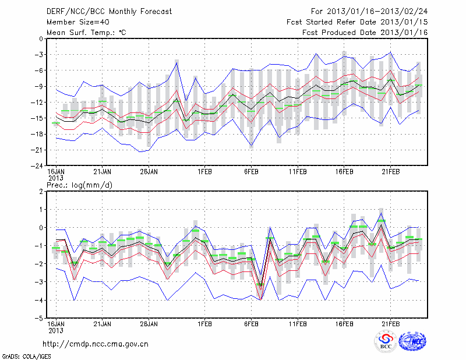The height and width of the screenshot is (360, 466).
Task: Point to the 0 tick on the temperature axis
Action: tap(40, 39)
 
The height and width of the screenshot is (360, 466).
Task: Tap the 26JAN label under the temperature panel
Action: tap(150, 172)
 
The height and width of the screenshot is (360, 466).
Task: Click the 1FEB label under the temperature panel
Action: tap(204, 172)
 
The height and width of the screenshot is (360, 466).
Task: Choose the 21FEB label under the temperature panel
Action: tap(390, 172)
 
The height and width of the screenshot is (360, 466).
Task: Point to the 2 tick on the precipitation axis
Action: tap(40, 192)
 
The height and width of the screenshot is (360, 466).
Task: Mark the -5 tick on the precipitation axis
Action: tap(39, 319)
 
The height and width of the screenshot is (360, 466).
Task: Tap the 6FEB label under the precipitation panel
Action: tap(252, 323)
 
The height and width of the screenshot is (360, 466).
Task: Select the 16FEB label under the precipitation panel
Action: tap(344, 323)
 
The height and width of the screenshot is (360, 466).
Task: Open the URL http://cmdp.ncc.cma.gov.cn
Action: tap(96, 344)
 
